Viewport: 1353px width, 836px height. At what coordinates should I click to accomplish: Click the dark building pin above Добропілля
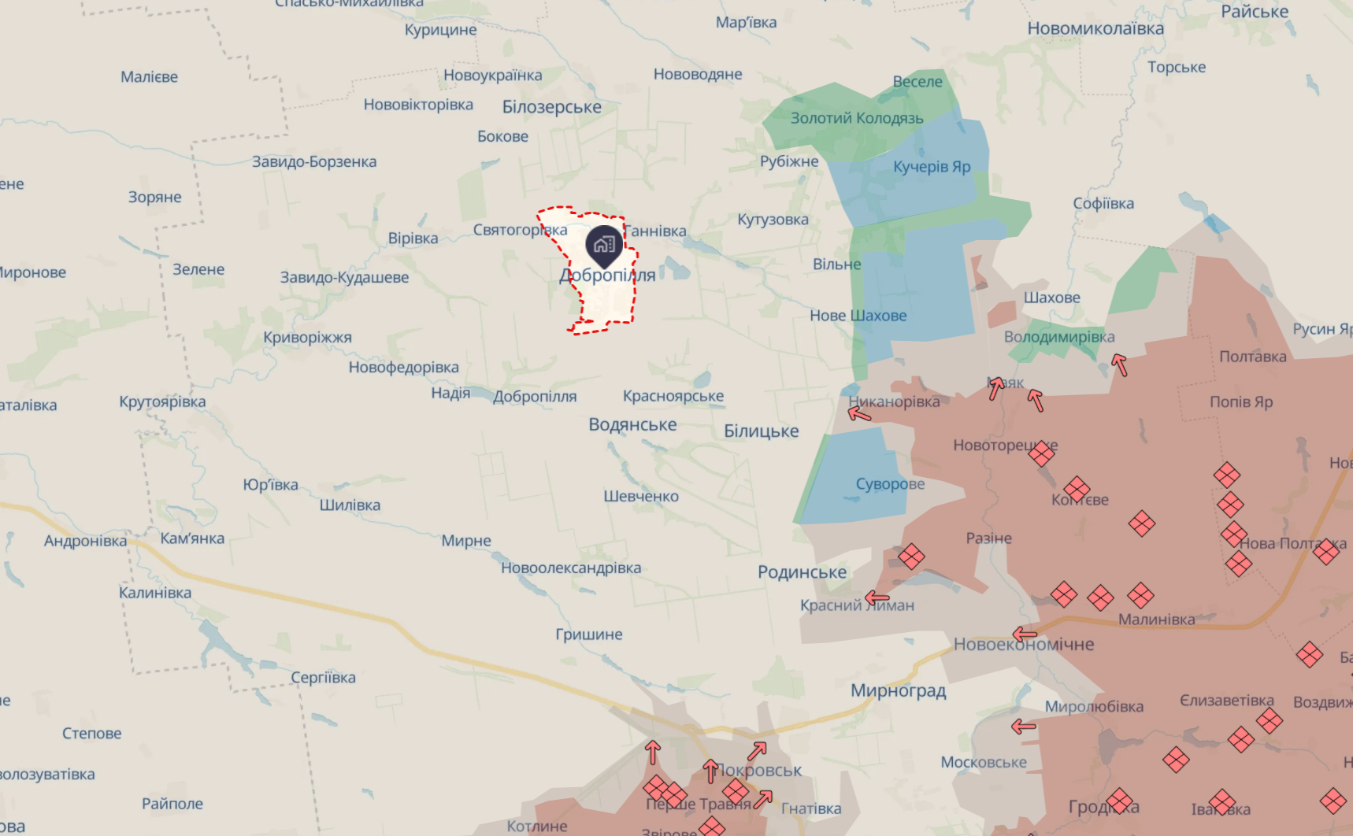point(604,245)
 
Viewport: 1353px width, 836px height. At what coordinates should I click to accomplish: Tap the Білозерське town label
point(551,107)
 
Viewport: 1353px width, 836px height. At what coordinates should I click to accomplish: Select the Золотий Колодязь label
point(857,118)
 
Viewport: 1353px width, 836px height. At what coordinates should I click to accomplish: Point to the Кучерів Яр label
point(932,167)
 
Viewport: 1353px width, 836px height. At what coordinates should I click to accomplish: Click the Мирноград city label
point(898,691)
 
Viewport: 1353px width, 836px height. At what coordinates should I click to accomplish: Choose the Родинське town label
point(802,572)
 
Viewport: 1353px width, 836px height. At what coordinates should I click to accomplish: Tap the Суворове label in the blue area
point(890,484)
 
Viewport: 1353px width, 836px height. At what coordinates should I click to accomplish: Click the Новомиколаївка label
point(1095,29)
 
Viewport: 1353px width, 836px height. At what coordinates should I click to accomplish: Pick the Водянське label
point(632,425)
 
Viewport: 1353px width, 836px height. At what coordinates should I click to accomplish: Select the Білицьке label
point(761,431)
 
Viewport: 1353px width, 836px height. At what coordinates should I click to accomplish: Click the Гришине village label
point(588,634)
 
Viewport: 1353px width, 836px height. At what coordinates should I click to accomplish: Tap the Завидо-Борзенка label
point(313,162)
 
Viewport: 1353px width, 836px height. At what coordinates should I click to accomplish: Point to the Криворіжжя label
point(307,338)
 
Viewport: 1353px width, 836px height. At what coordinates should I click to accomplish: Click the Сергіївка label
point(323,678)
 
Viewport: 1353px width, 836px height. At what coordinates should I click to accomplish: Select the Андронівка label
point(85,542)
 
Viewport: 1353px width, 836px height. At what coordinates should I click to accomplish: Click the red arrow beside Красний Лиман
point(877,598)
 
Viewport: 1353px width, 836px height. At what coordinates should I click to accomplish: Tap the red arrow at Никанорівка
point(859,412)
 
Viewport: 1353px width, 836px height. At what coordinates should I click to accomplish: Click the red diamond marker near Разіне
point(911,557)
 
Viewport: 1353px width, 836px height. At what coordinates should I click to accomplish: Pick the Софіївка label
point(1103,204)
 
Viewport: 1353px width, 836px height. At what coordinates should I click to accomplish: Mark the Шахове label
point(1051,298)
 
